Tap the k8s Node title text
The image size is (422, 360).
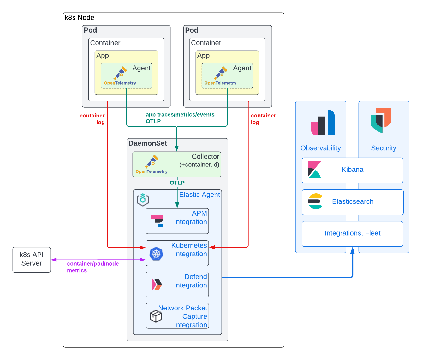pos(80,18)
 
